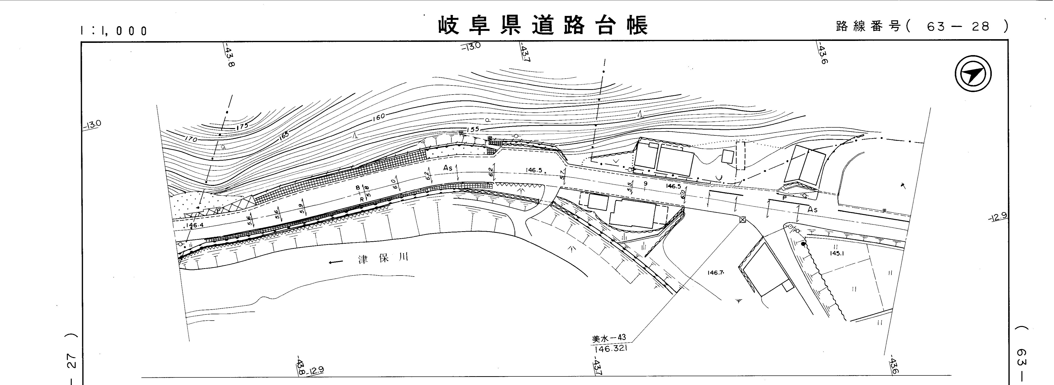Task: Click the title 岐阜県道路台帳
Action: click(x=543, y=25)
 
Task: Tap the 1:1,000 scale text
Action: click(x=114, y=31)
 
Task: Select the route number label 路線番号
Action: click(x=868, y=26)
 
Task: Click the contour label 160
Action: click(x=379, y=117)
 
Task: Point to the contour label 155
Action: click(x=473, y=129)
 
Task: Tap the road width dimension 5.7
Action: click(x=563, y=175)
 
